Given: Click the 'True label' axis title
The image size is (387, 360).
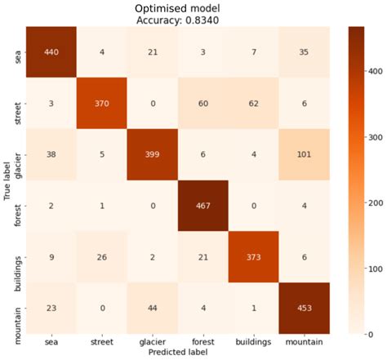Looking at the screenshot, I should [x=7, y=180].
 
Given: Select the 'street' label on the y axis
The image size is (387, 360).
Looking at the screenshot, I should [x=19, y=103].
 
